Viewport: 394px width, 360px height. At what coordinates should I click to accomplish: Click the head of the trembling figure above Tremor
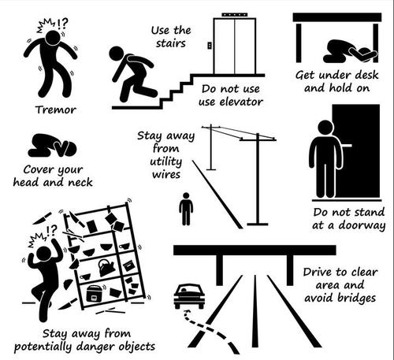tap(52, 37)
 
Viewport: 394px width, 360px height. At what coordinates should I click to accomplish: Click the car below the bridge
tap(189, 295)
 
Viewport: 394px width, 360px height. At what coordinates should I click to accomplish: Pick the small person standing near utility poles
tap(186, 209)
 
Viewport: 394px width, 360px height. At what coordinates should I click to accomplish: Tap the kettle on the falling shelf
tap(106, 267)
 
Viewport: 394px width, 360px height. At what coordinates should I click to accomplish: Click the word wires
tap(157, 174)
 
